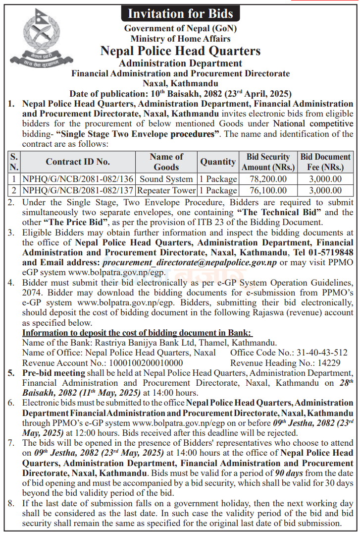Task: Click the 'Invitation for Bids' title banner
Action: pos(180,14)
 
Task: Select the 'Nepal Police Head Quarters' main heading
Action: pos(180,51)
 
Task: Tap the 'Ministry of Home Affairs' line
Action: pos(180,38)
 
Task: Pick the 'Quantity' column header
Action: pos(218,162)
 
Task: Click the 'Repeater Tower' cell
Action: pos(167,190)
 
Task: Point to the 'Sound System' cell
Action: pos(167,179)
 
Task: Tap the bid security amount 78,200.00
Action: pos(268,179)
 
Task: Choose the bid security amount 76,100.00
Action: pos(268,190)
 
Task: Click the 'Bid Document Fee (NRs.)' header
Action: pos(325,162)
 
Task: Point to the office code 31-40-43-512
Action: pos(322,353)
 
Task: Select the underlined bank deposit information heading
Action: pos(137,332)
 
